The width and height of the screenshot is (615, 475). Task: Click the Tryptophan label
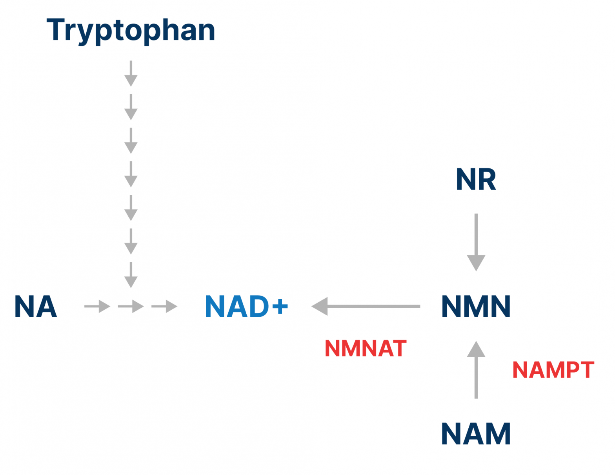[x=131, y=31]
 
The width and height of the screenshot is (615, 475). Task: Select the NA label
[x=36, y=306]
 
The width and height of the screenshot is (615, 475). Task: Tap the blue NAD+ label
[x=246, y=306]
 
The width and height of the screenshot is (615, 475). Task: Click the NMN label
[x=476, y=306]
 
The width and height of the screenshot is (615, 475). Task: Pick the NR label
[x=476, y=179]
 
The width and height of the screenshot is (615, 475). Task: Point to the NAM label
[x=476, y=433]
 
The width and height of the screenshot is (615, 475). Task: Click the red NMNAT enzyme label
[x=366, y=348]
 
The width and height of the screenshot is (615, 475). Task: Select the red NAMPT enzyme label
[x=553, y=370]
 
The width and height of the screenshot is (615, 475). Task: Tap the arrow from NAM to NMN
[x=476, y=369]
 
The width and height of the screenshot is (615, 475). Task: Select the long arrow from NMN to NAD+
[x=366, y=306]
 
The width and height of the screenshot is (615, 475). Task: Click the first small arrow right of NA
[x=97, y=306]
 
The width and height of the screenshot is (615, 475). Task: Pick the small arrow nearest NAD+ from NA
[x=164, y=306]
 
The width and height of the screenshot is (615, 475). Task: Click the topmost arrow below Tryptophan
[x=131, y=73]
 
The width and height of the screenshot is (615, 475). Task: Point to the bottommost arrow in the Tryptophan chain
[x=131, y=275]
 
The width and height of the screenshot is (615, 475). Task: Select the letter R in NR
[x=488, y=179]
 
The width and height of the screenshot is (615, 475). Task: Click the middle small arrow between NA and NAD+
[x=131, y=306]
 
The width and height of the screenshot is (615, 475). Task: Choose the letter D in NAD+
[x=258, y=306]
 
